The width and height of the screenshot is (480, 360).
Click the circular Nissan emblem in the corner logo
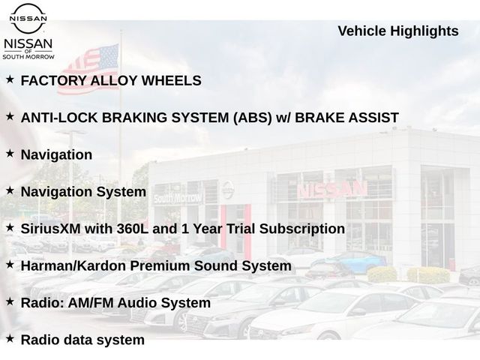[28, 18]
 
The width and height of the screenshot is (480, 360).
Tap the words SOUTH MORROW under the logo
[28, 57]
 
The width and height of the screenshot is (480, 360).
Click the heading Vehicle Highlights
[398, 31]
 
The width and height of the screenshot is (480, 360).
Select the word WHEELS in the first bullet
[171, 81]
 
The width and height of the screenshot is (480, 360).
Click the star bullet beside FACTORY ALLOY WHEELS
[10, 79]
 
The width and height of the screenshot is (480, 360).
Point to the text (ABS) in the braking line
[252, 118]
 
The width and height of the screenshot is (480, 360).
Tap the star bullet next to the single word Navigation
[10, 153]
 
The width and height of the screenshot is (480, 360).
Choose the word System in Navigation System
[121, 192]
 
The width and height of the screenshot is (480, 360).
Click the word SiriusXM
[51, 229]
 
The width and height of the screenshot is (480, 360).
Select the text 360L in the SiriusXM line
[132, 229]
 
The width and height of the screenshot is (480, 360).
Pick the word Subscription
[302, 229]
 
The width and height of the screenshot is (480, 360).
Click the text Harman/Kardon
[73, 265]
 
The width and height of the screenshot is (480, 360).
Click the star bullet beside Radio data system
[10, 338]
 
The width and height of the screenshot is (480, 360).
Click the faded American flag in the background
[88, 69]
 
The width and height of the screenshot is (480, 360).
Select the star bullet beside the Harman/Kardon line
[10, 265]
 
